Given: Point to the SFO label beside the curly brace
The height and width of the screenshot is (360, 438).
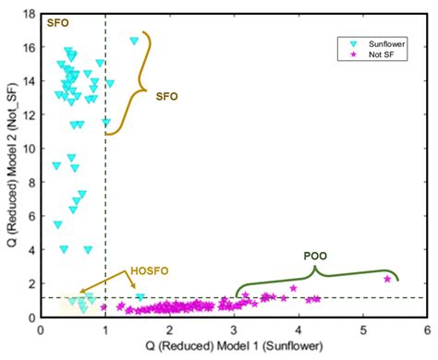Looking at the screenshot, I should click(x=167, y=95).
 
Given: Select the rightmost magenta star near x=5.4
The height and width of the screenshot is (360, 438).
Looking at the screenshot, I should click(x=387, y=279).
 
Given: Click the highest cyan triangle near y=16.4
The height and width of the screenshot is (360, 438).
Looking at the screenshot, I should click(x=135, y=41).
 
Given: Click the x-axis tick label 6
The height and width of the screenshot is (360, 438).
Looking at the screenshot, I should click(x=426, y=329).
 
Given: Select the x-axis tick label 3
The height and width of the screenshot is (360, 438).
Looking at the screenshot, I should click(x=233, y=329).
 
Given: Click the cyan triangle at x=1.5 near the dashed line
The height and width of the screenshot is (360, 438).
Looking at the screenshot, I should click(x=140, y=298).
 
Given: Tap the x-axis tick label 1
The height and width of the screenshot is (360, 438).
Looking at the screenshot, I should click(x=104, y=329).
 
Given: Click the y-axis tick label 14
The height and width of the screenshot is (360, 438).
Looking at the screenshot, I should click(x=28, y=81).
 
